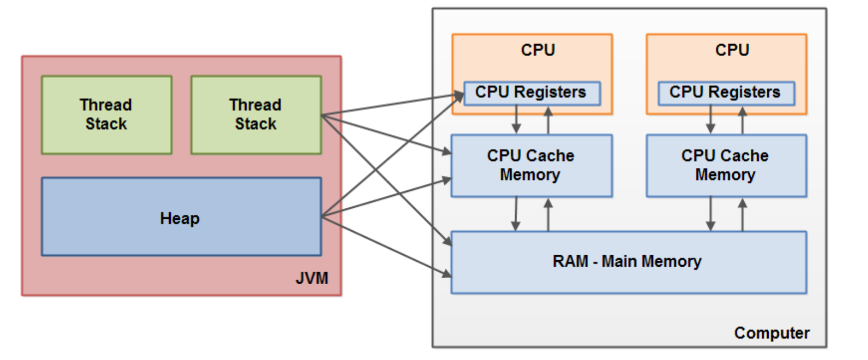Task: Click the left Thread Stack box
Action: tap(106, 114)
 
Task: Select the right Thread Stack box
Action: tap(256, 114)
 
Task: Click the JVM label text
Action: tap(312, 278)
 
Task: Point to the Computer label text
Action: tap(771, 333)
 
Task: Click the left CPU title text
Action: tap(538, 50)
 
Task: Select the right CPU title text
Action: tap(732, 50)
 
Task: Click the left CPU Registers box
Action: tap(531, 93)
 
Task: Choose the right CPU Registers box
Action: tap(725, 93)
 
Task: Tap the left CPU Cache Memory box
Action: tap(531, 166)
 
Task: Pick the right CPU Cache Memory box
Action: tap(725, 166)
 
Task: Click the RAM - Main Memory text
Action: tap(627, 261)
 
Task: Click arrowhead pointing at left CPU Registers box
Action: tap(460, 95)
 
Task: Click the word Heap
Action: tap(180, 218)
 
